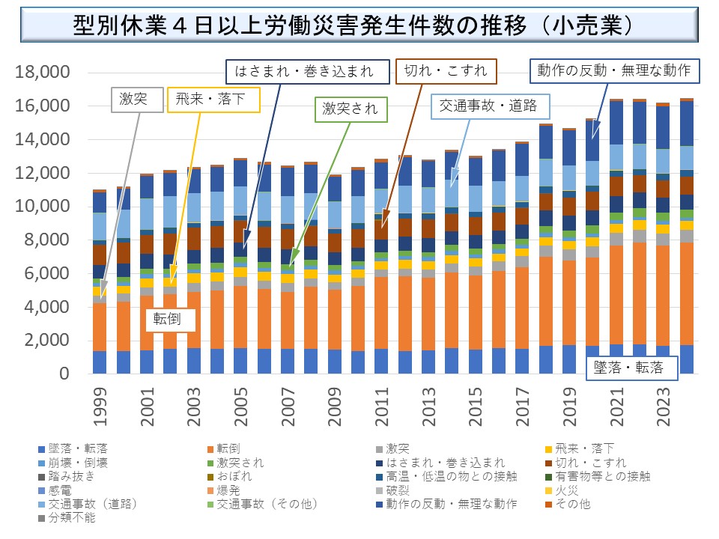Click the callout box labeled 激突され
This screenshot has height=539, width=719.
pyautogui.click(x=351, y=109)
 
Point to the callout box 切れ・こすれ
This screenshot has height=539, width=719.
pyautogui.click(x=446, y=72)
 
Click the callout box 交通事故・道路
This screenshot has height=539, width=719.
pyautogui.click(x=488, y=106)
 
